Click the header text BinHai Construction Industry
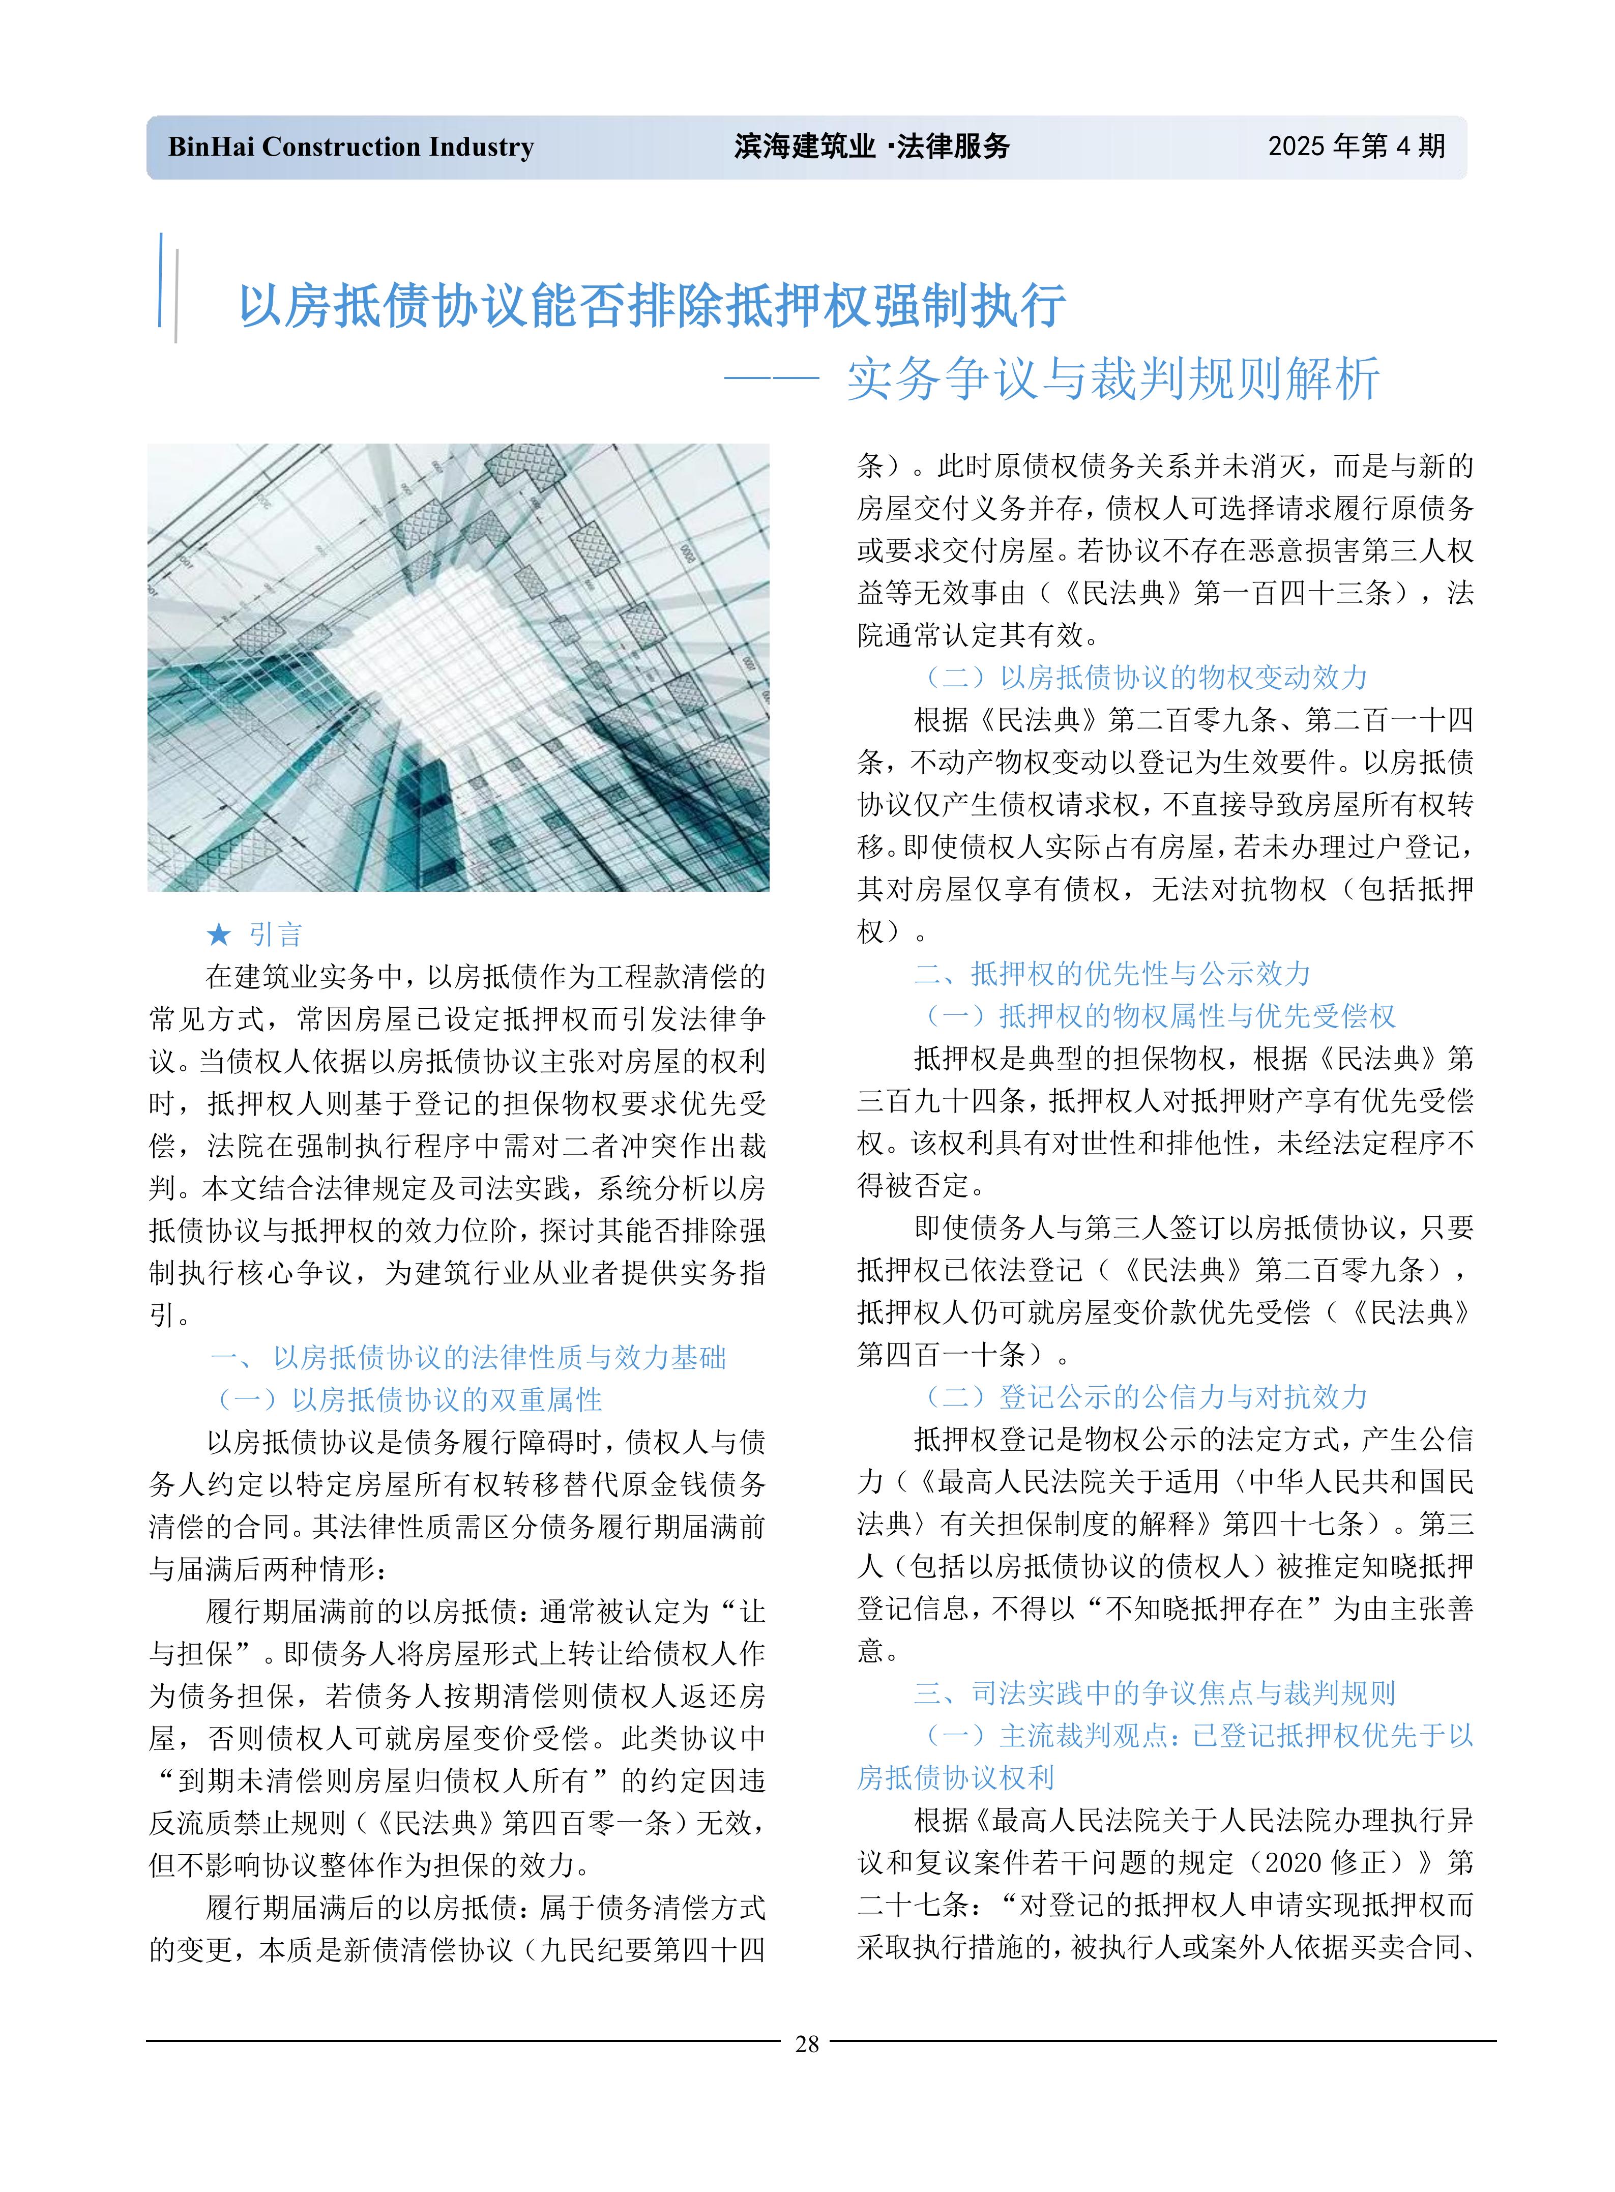(x=351, y=147)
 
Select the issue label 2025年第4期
(x=1356, y=147)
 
